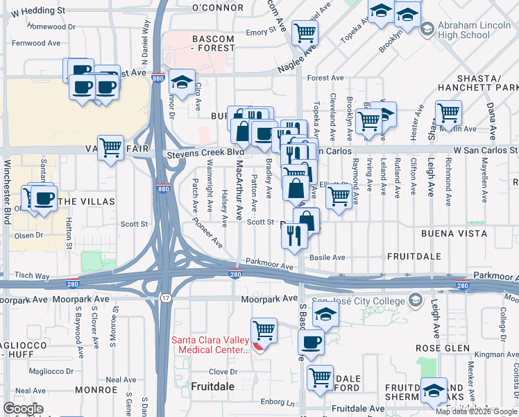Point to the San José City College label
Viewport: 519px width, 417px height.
359,300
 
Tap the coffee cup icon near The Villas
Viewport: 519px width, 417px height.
45,198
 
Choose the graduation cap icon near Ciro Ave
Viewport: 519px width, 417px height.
182,83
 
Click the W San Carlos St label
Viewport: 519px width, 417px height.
486,149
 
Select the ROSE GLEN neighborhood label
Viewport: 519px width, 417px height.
434,347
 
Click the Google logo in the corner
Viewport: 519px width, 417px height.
24,409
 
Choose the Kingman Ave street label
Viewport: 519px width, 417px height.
494,354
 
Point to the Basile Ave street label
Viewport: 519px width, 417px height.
327,257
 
